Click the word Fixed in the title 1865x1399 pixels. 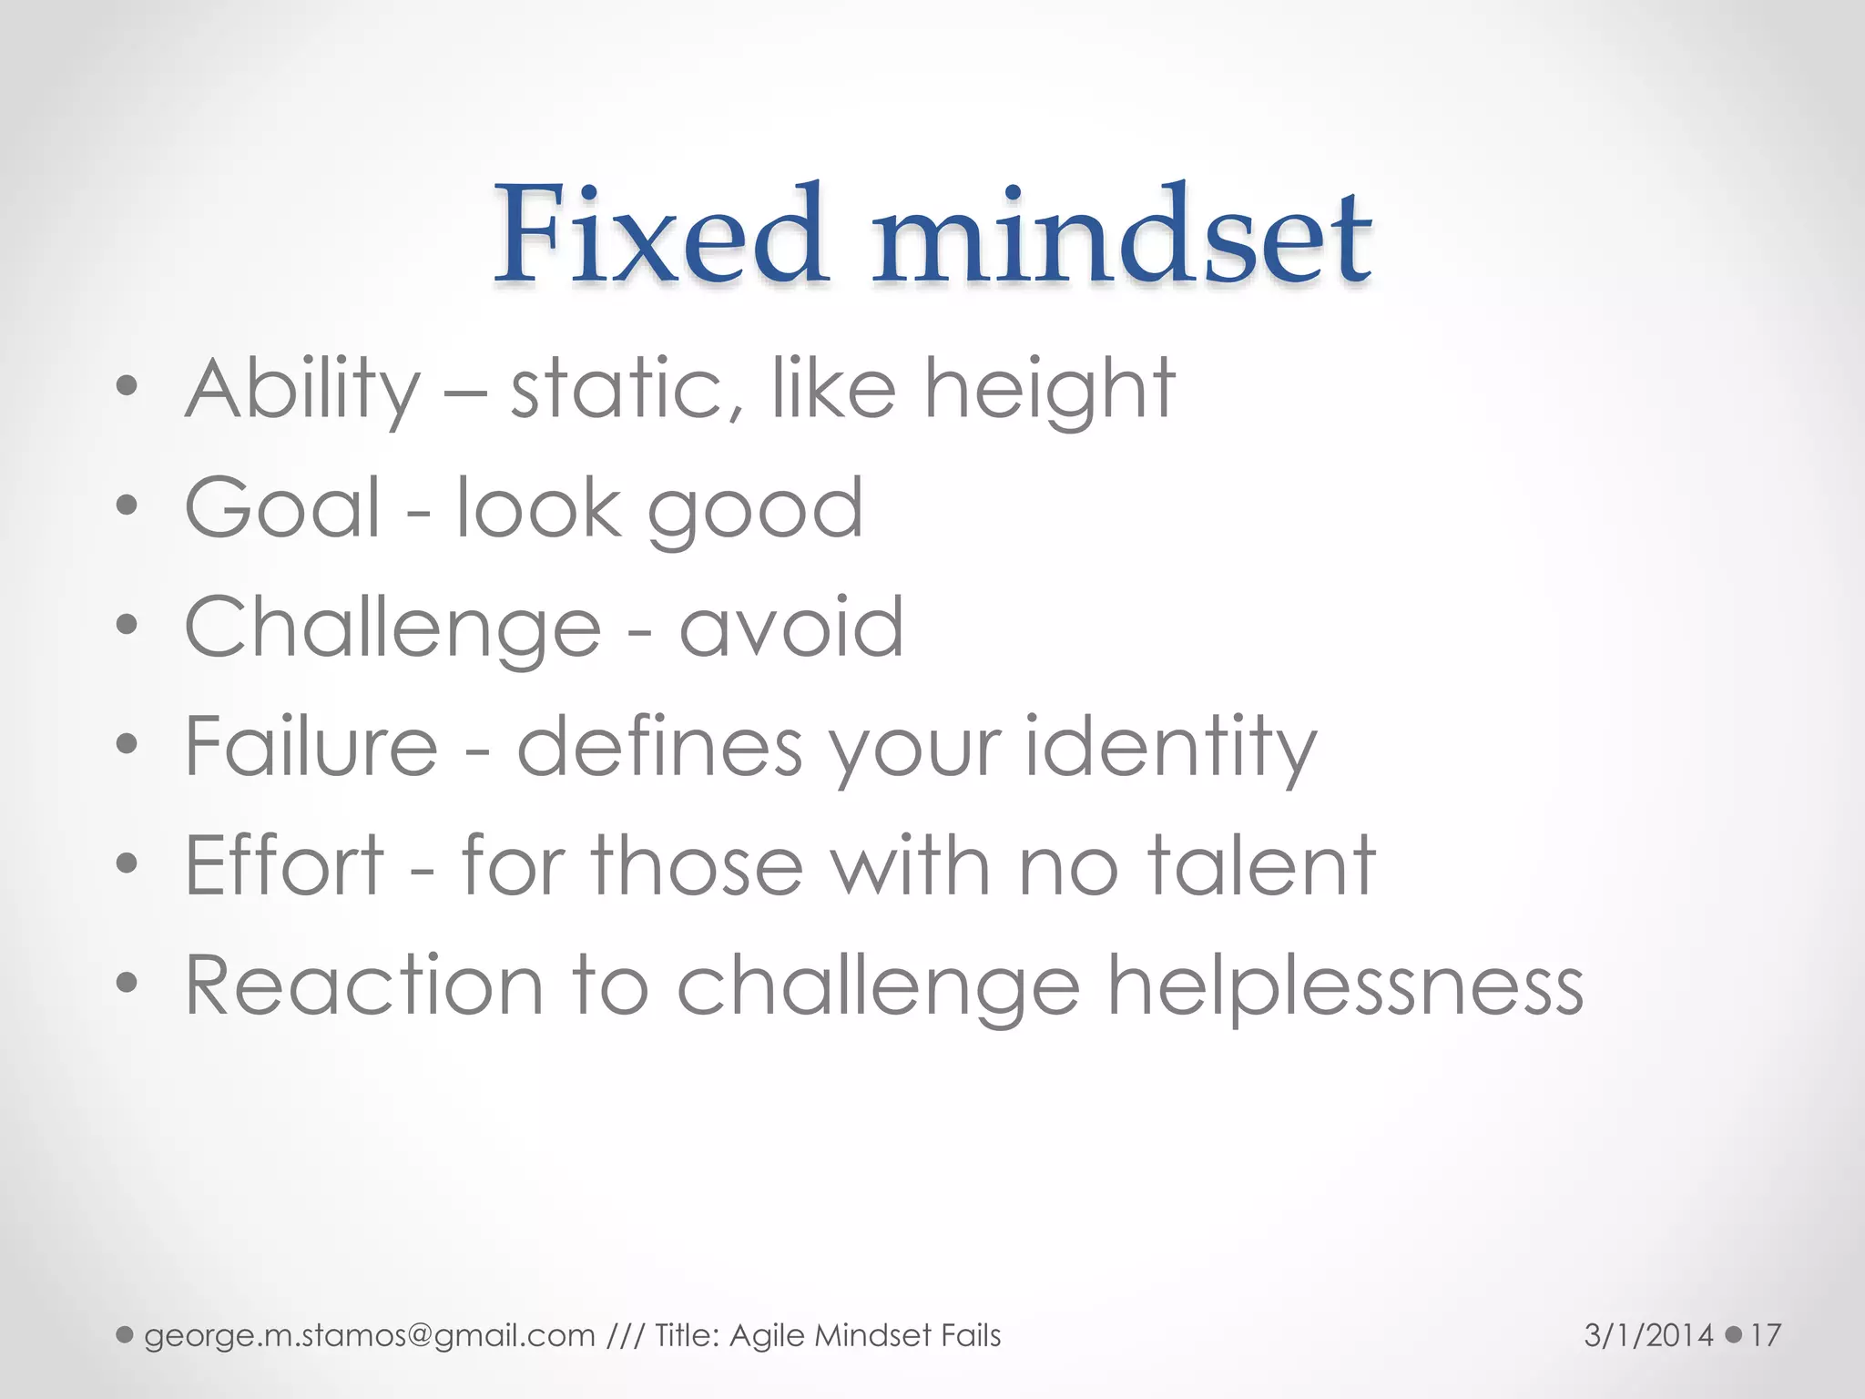click(x=660, y=235)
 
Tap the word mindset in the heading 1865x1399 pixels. click(x=1122, y=235)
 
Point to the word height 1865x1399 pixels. click(x=1049, y=390)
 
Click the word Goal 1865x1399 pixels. click(x=282, y=508)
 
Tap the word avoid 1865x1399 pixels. click(x=791, y=628)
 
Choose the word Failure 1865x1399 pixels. click(x=311, y=747)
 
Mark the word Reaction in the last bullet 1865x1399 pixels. click(x=364, y=985)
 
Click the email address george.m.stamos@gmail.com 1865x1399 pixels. click(x=369, y=1336)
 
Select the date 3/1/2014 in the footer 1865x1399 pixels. click(x=1648, y=1336)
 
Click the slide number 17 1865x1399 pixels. click(x=1765, y=1336)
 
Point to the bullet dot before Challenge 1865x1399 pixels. click(x=127, y=626)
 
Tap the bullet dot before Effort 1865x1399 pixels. click(x=127, y=863)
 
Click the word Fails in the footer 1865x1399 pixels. click(x=971, y=1336)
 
